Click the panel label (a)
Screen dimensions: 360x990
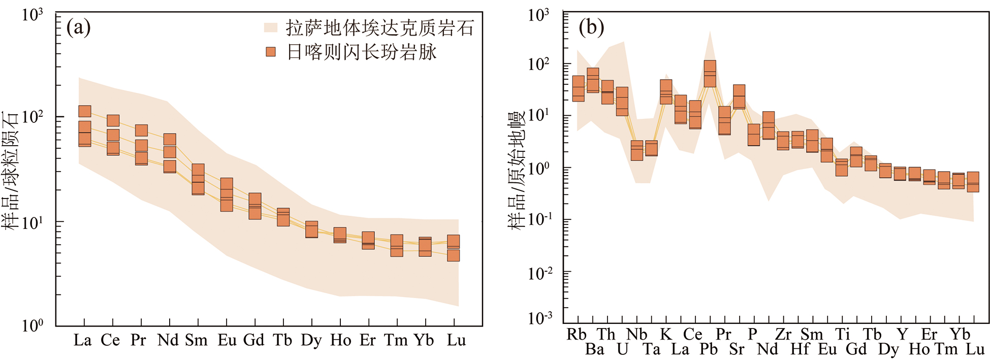[x=78, y=27]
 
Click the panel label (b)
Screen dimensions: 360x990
[x=591, y=27]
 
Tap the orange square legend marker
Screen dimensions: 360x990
[x=271, y=52]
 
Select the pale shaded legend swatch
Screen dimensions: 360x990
[x=271, y=27]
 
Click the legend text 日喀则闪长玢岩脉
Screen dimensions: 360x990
[x=362, y=52]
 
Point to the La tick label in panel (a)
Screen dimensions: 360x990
[x=83, y=340]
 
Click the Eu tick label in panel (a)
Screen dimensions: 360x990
[x=227, y=340]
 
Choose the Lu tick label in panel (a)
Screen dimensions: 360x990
[x=456, y=340]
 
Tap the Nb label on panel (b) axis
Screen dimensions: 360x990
[x=636, y=334]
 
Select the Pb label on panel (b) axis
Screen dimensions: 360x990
[x=709, y=349]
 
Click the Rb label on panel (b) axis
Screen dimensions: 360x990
[x=577, y=334]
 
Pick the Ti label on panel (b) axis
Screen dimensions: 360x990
[x=842, y=334]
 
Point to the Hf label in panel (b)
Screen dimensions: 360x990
[x=800, y=349]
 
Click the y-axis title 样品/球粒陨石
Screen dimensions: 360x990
[x=10, y=170]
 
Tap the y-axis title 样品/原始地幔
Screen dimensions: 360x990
[x=517, y=170]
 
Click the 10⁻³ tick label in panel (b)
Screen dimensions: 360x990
[x=539, y=318]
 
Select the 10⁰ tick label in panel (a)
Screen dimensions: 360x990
[x=33, y=325]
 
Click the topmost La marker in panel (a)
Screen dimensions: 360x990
[x=85, y=111]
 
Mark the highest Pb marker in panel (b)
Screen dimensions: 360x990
[x=710, y=67]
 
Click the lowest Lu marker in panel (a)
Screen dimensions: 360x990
[x=454, y=255]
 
